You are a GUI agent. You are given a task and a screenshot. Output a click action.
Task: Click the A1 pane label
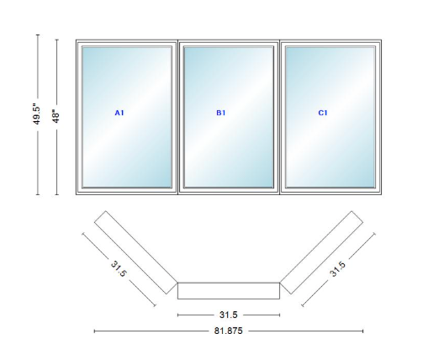click(119, 113)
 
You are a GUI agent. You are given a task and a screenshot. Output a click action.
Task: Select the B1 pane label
click(221, 113)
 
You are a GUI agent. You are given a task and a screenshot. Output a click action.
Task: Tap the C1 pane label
click(323, 113)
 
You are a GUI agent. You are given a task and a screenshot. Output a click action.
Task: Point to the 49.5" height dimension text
click(37, 115)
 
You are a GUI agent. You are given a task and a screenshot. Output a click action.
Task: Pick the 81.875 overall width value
click(229, 331)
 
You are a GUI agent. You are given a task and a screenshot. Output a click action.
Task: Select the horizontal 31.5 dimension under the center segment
click(229, 315)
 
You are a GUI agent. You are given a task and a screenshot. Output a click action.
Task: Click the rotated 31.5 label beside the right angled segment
click(337, 269)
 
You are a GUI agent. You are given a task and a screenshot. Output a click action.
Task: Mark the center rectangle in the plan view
click(229, 291)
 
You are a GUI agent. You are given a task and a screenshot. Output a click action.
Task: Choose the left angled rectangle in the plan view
click(136, 252)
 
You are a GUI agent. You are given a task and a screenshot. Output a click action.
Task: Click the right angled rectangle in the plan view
click(321, 252)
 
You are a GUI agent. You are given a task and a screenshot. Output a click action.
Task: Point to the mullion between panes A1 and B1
click(178, 117)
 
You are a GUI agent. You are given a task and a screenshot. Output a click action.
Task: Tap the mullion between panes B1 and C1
click(279, 117)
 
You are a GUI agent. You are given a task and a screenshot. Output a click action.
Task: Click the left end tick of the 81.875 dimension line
click(94, 331)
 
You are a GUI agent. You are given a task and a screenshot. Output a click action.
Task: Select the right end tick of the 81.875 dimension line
click(363, 331)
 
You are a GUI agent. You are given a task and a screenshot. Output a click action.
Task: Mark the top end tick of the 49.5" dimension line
click(38, 34)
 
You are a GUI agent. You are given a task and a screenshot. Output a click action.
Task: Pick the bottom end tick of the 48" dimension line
click(57, 194)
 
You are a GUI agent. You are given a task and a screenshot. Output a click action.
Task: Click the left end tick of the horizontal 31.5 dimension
click(177, 315)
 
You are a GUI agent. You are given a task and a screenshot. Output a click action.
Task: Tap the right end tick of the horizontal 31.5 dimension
click(280, 315)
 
